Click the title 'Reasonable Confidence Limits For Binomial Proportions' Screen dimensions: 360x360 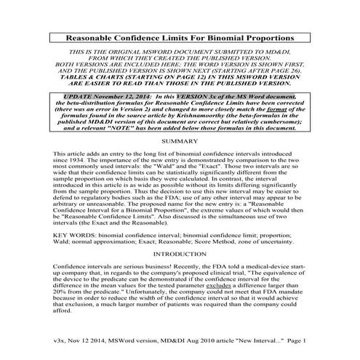pyautogui.click(x=180, y=36)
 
